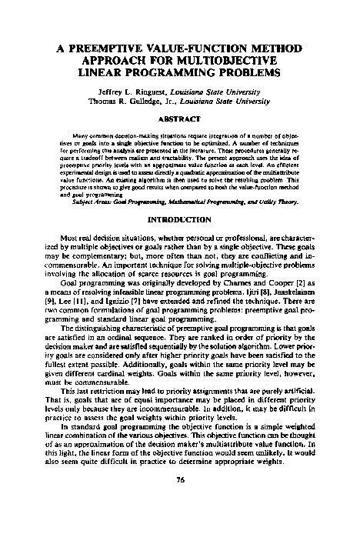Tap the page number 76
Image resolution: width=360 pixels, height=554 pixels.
180,522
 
